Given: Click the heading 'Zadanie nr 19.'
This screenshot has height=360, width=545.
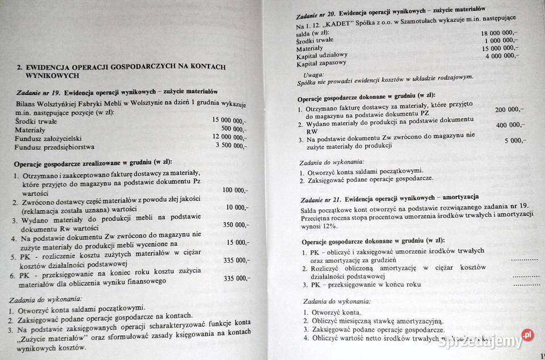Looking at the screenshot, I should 37,91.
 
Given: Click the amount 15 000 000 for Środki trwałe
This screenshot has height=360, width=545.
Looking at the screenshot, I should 229,120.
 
